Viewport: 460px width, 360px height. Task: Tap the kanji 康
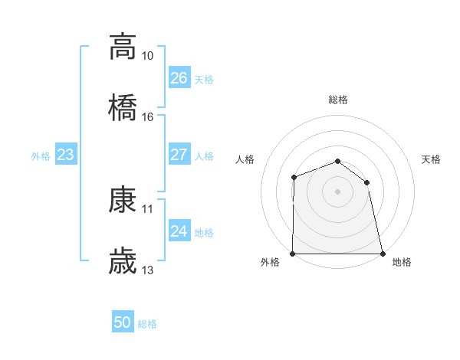point(123,200)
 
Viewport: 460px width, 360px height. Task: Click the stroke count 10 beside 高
point(148,56)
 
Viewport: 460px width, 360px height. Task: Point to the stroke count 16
point(148,117)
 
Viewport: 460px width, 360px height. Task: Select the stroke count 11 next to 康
point(148,208)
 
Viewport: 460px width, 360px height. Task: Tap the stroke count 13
point(148,270)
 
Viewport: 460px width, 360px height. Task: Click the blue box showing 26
point(179,78)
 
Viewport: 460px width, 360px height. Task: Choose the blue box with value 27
point(179,155)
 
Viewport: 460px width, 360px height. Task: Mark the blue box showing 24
point(179,231)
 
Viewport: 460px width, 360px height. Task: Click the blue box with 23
point(66,155)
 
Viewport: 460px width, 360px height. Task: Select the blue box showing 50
point(123,322)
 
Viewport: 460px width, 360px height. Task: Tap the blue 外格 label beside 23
point(41,156)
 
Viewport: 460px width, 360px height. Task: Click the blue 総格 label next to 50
point(147,324)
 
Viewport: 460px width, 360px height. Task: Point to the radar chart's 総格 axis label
point(338,100)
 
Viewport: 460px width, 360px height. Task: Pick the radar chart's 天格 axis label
point(432,159)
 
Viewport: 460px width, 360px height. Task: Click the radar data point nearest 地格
point(382,254)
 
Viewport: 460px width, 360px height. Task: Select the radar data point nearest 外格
point(293,254)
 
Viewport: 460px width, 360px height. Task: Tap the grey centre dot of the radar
point(337,191)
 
